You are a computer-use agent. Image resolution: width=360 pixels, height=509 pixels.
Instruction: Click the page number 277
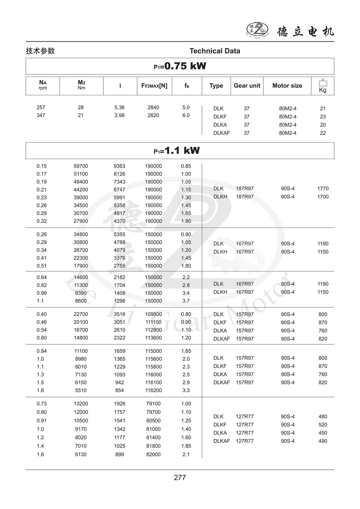(x=180, y=478)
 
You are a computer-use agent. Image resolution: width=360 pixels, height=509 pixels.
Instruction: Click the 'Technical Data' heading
(x=215, y=51)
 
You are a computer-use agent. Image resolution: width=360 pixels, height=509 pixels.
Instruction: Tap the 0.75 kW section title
(x=180, y=66)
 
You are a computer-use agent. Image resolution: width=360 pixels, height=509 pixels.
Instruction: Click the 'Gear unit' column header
(x=247, y=85)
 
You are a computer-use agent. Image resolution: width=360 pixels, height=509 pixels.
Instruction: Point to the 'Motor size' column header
(x=287, y=85)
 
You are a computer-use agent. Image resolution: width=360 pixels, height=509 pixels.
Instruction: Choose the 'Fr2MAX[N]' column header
(x=154, y=85)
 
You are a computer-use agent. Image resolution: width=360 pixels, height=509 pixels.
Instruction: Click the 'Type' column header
(x=216, y=85)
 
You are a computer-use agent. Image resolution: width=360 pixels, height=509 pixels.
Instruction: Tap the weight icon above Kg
(x=323, y=82)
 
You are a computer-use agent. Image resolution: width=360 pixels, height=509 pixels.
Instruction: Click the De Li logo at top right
(x=257, y=30)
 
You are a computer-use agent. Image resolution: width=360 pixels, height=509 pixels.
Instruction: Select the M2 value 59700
(x=81, y=166)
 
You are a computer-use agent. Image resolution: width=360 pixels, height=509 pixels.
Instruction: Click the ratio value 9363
(x=119, y=166)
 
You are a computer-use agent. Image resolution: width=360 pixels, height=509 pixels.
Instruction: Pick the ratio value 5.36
(x=119, y=107)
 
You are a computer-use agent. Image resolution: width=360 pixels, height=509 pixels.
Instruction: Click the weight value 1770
(x=323, y=189)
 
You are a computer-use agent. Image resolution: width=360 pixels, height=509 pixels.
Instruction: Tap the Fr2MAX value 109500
(x=153, y=314)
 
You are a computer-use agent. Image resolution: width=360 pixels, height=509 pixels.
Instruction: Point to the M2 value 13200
(x=81, y=404)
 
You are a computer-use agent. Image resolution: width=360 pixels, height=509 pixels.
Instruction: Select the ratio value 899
(x=119, y=454)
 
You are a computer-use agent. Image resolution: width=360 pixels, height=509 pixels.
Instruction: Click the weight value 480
(x=323, y=416)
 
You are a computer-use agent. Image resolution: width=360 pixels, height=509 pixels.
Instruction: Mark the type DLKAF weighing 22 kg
(x=222, y=133)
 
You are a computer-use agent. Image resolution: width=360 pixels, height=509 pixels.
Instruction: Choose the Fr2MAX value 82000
(x=153, y=454)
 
